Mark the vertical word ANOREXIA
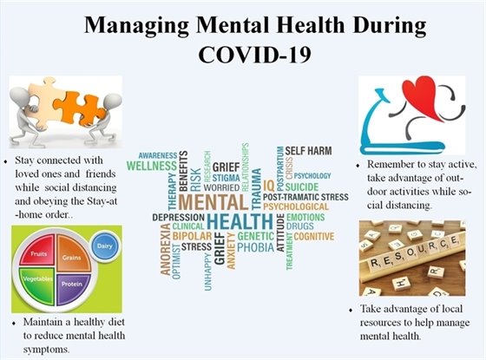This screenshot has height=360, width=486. click(165, 247)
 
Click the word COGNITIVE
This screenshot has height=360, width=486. click(313, 236)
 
